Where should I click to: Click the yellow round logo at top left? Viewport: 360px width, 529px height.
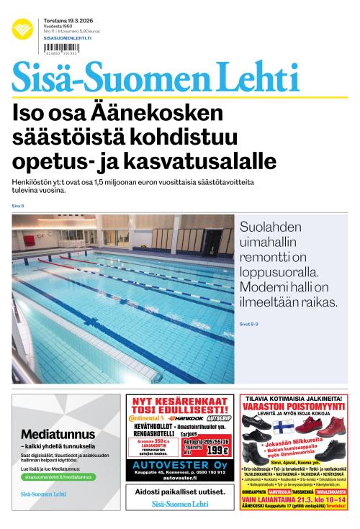(x=22, y=30)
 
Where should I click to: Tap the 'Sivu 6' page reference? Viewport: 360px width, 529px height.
(x=18, y=206)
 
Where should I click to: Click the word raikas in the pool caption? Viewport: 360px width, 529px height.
(x=311, y=303)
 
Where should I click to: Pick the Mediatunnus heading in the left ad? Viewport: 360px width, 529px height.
(x=58, y=434)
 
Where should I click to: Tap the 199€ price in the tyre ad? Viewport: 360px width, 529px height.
(x=215, y=451)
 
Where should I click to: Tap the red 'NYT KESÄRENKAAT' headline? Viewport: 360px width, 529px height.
(x=179, y=399)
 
